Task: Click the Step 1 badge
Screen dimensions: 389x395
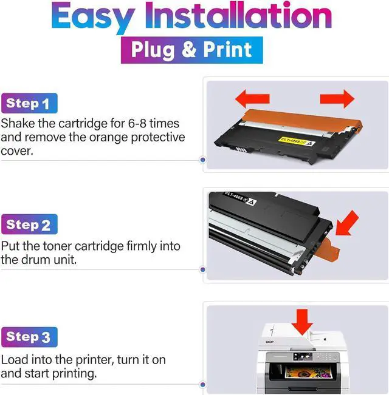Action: (29, 103)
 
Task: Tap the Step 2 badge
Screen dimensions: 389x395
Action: (29, 225)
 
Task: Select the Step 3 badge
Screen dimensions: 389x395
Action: (29, 337)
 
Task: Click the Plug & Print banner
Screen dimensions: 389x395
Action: (192, 50)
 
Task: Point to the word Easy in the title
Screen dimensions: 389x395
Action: (93, 17)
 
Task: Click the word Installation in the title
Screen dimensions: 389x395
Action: (238, 15)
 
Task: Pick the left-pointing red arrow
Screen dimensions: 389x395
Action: (252, 99)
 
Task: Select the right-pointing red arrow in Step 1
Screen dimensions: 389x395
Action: (337, 99)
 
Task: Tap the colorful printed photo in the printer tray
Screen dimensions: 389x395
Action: (308, 373)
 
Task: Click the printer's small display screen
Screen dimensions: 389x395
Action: (303, 356)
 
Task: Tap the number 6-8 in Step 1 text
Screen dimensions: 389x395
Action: (137, 123)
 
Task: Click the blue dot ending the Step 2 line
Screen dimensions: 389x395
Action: (202, 270)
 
